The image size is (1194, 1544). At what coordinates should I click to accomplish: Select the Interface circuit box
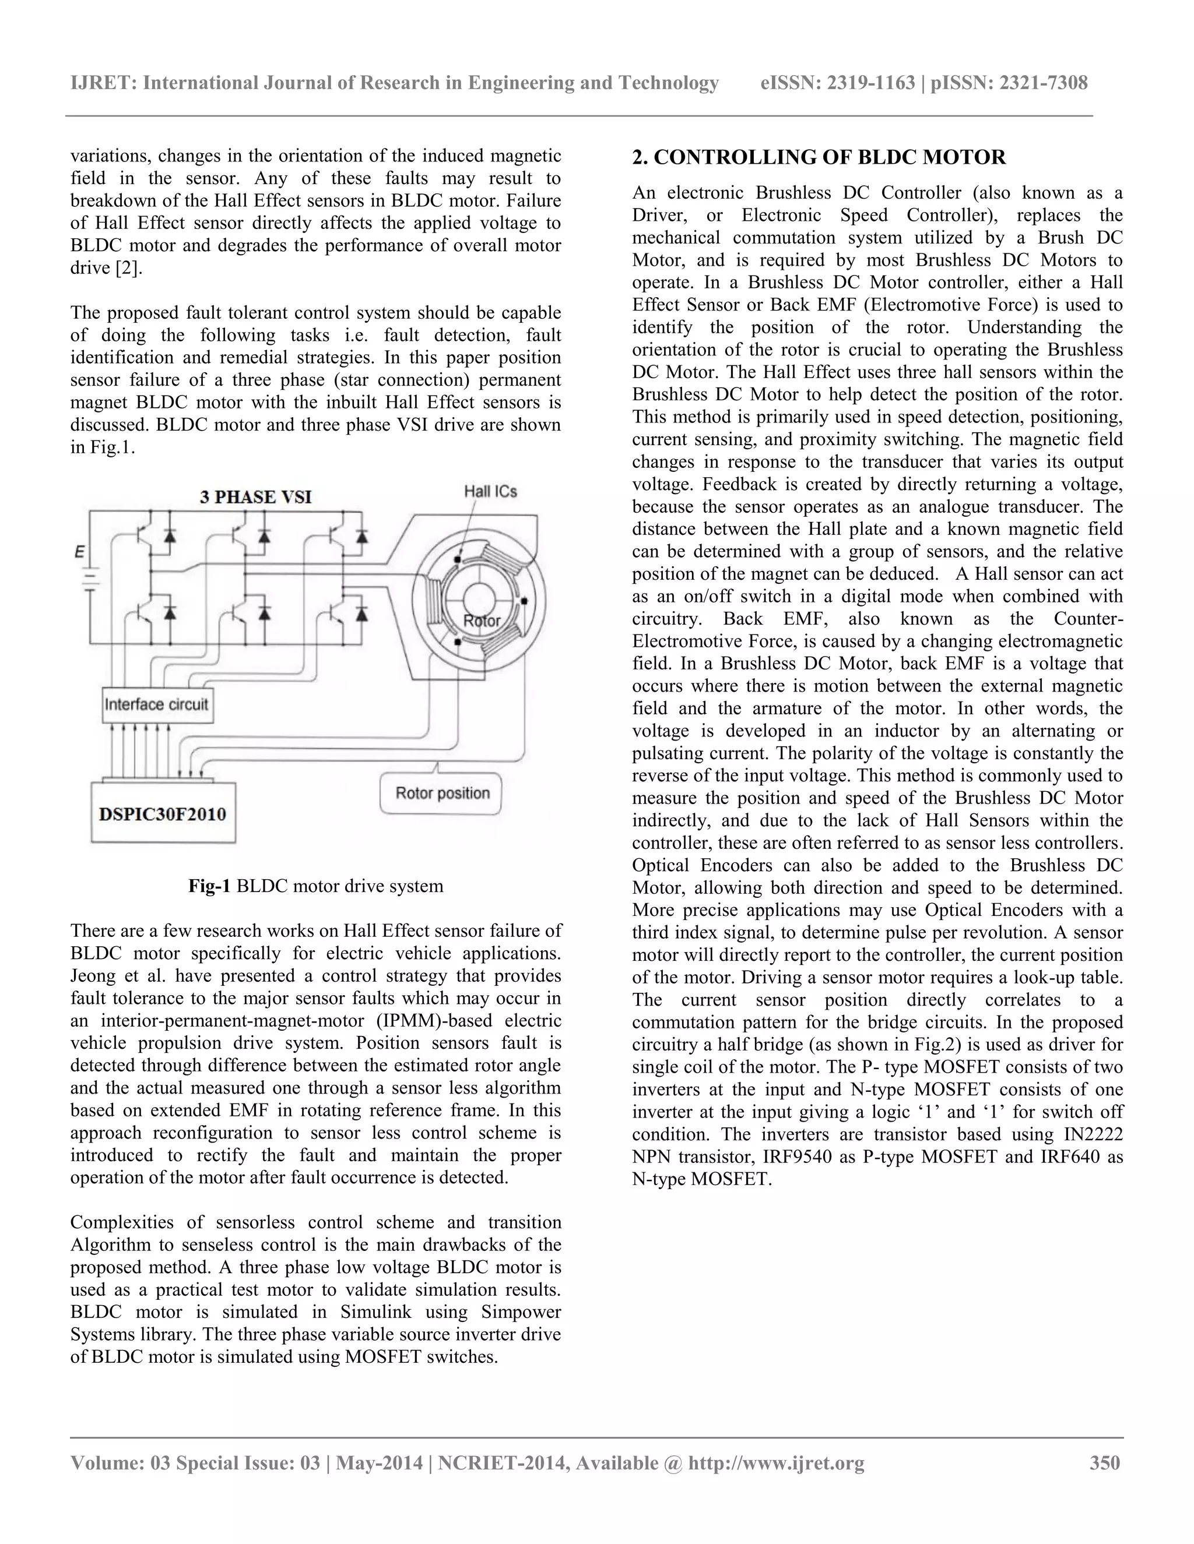(156, 704)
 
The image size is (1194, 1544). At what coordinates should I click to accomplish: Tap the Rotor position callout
(442, 793)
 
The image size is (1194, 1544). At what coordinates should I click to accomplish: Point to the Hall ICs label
(490, 491)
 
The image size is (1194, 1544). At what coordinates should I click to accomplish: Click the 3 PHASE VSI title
(255, 497)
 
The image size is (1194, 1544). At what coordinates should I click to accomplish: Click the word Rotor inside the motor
(481, 621)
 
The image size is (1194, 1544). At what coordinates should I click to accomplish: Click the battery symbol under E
(89, 581)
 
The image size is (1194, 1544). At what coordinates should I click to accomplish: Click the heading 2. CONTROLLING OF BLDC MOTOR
(819, 157)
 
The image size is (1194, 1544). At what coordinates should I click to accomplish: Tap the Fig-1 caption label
(209, 886)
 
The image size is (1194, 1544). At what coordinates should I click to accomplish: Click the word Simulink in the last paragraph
(376, 1312)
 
